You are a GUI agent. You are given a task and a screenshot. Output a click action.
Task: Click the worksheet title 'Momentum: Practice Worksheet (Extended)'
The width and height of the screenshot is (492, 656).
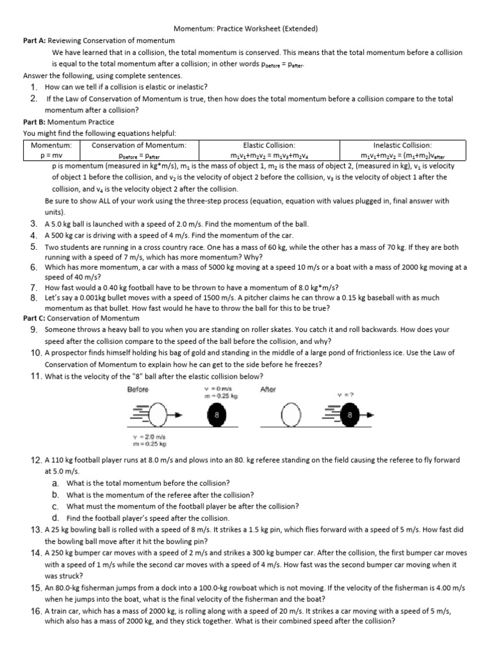click(246, 29)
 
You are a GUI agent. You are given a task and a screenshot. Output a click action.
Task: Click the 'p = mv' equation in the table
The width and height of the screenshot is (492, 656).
click(51, 155)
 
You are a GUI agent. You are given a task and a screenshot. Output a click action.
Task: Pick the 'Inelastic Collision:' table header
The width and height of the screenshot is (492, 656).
click(402, 145)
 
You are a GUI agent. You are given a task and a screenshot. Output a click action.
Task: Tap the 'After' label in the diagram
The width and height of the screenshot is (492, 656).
click(268, 389)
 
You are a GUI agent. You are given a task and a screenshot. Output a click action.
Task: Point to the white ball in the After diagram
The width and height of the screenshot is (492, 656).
click(292, 417)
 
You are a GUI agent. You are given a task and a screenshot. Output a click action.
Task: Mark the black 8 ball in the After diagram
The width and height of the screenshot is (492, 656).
click(349, 417)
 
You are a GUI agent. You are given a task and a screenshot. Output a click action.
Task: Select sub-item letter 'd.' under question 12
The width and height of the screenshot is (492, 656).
click(56, 518)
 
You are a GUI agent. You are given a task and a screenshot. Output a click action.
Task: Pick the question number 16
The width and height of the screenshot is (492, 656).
click(36, 612)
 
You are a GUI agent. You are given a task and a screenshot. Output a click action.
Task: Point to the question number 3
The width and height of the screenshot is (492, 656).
click(33, 224)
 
